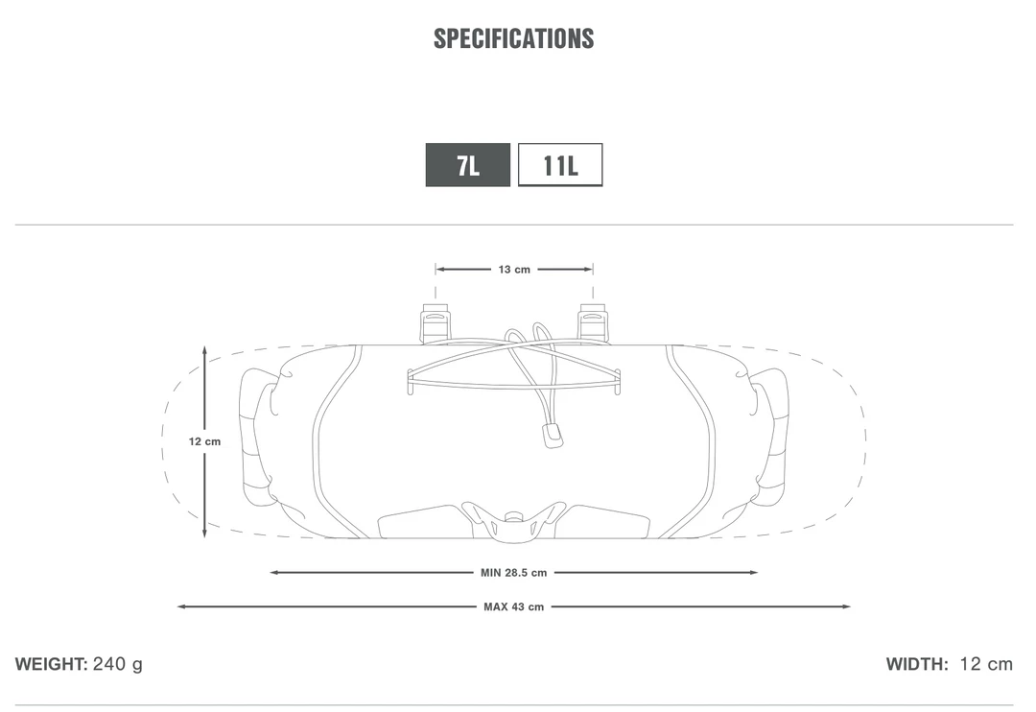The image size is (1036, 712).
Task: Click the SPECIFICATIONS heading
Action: tap(513, 38)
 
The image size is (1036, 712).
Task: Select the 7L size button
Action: tap(468, 165)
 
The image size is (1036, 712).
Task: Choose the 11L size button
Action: tap(560, 165)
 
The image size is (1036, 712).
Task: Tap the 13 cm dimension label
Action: tap(514, 270)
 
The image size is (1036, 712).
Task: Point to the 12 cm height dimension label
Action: tap(204, 441)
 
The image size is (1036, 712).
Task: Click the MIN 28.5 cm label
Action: tap(513, 573)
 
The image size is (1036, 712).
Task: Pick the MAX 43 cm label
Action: tap(513, 606)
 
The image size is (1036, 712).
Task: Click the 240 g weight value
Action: tap(118, 664)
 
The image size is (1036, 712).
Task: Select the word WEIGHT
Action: tap(51, 664)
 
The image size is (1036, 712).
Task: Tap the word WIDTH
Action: tap(917, 664)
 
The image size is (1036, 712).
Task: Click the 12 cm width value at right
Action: tap(986, 664)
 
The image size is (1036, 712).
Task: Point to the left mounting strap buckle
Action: tap(435, 322)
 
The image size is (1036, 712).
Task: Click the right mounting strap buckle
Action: tap(592, 322)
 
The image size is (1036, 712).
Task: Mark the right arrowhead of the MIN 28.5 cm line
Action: tap(754, 573)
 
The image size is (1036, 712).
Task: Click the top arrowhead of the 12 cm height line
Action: tap(204, 350)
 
